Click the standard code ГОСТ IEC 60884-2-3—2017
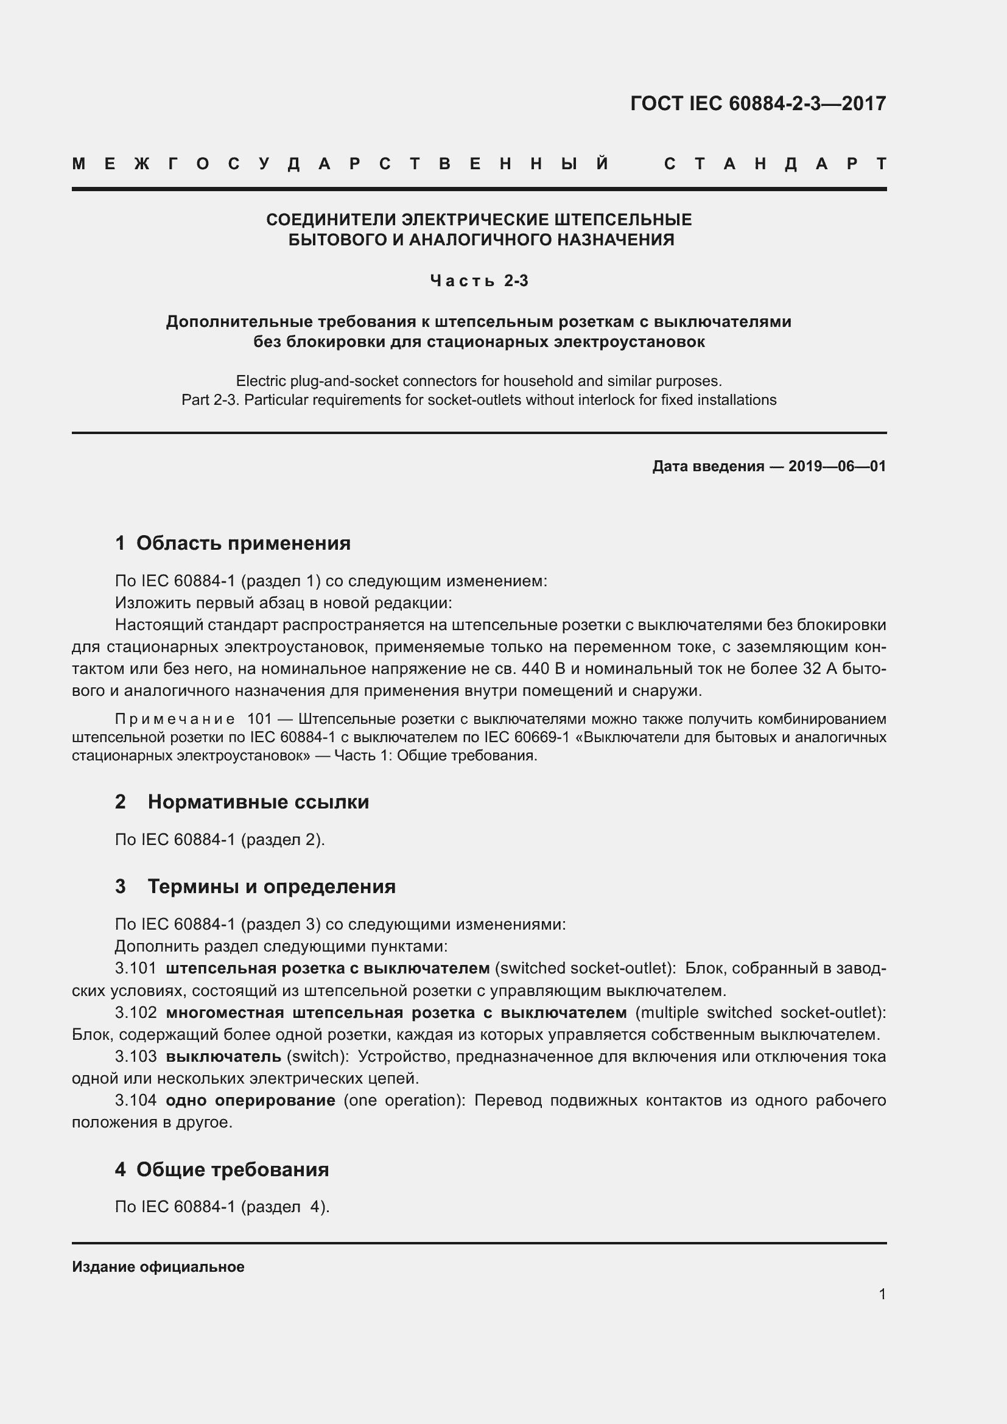coord(758,103)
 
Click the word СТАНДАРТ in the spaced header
coord(775,164)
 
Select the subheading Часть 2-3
coord(479,281)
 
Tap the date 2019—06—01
coord(837,466)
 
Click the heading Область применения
coord(243,543)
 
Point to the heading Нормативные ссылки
coord(258,802)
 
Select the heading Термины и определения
coord(271,886)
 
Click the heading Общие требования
coord(233,1170)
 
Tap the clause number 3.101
coord(136,968)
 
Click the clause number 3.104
coord(136,1100)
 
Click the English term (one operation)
coord(404,1100)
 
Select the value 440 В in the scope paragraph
coord(543,669)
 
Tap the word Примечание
coord(175,720)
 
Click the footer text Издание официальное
coord(158,1267)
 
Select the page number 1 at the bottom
coord(882,1294)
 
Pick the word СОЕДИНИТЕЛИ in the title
coord(332,220)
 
